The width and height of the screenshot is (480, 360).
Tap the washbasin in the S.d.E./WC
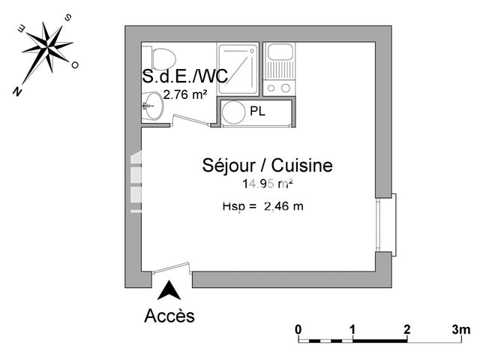[152, 105]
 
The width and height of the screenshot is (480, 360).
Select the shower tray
[238, 69]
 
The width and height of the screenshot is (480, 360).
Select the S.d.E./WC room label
[184, 76]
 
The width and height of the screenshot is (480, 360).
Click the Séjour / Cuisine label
[267, 165]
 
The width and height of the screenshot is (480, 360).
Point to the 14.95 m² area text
[267, 184]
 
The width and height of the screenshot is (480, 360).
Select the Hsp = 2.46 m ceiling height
[263, 207]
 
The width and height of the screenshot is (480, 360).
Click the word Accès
[169, 316]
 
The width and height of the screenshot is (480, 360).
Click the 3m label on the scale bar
[460, 329]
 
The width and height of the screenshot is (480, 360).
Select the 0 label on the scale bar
[298, 329]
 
